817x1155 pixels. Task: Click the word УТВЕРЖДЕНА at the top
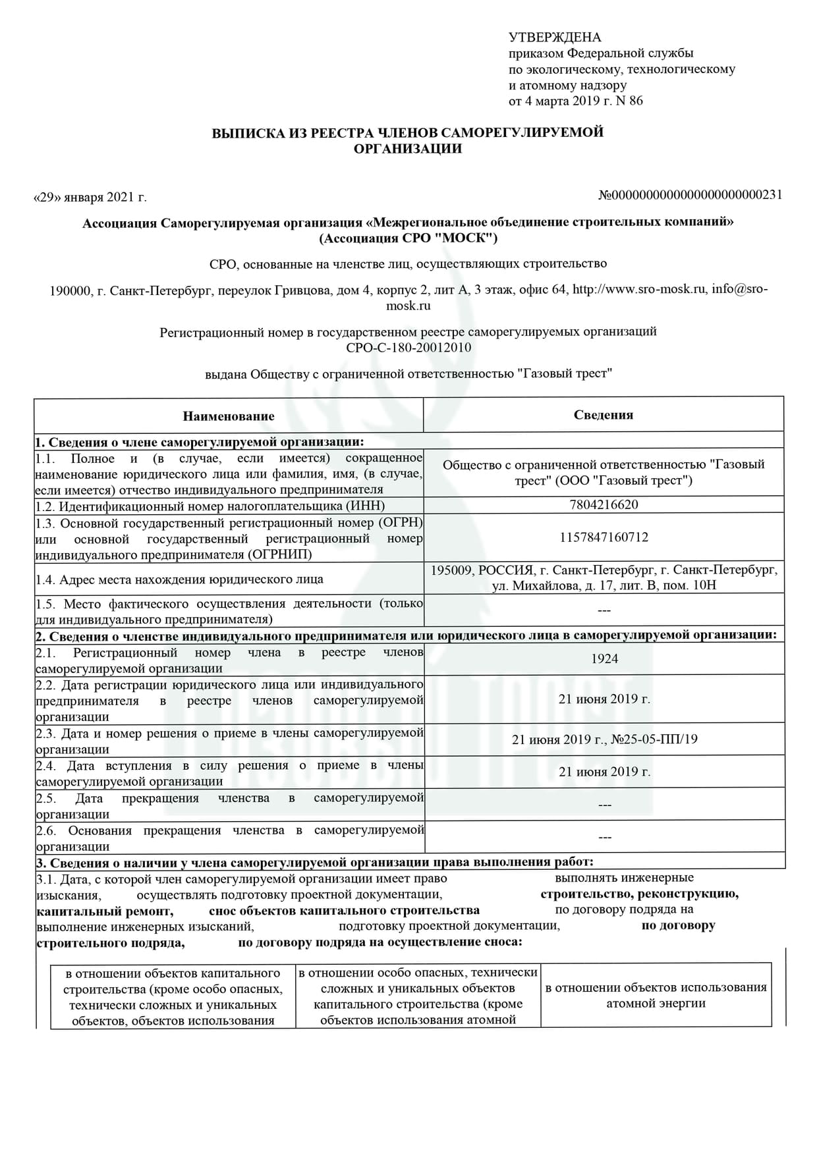[555, 38]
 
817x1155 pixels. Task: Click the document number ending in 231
[690, 195]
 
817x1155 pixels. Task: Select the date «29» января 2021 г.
[90, 197]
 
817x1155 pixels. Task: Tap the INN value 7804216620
[604, 505]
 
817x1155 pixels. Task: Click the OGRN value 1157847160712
[604, 537]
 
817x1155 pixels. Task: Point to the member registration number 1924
[604, 658]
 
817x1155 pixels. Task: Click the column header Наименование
[229, 416]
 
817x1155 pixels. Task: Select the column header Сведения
[603, 415]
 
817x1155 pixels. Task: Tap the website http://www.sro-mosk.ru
[639, 289]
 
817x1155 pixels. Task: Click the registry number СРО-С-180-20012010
[408, 348]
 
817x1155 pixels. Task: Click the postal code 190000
[70, 290]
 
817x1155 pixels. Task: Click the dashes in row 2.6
[604, 838]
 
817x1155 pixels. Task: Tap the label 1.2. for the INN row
[45, 506]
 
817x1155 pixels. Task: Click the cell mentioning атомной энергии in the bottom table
[656, 996]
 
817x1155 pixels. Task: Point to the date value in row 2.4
[604, 772]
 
